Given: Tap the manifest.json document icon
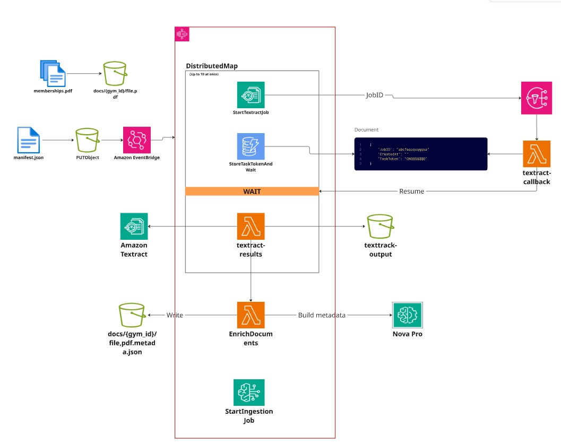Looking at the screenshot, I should (x=28, y=140).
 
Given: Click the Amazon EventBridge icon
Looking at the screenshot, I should (x=136, y=140).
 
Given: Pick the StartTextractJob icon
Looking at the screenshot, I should (x=251, y=95).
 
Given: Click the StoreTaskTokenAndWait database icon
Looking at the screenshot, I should (x=251, y=147).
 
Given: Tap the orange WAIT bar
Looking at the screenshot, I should (x=252, y=191).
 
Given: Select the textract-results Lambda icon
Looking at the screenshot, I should (x=251, y=227).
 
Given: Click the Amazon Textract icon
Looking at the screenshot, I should (x=134, y=227).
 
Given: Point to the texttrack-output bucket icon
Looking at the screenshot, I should (x=381, y=227).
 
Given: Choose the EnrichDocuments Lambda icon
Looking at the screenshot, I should (x=251, y=316).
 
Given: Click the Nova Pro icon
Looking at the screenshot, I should (x=407, y=316).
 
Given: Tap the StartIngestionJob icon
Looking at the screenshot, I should (x=249, y=393).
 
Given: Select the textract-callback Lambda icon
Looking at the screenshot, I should (x=537, y=154).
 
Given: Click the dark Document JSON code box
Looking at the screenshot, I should (x=421, y=154).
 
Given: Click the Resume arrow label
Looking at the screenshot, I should (x=411, y=191).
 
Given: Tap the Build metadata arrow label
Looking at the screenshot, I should (x=322, y=315).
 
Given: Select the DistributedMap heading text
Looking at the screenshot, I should (x=212, y=66).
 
